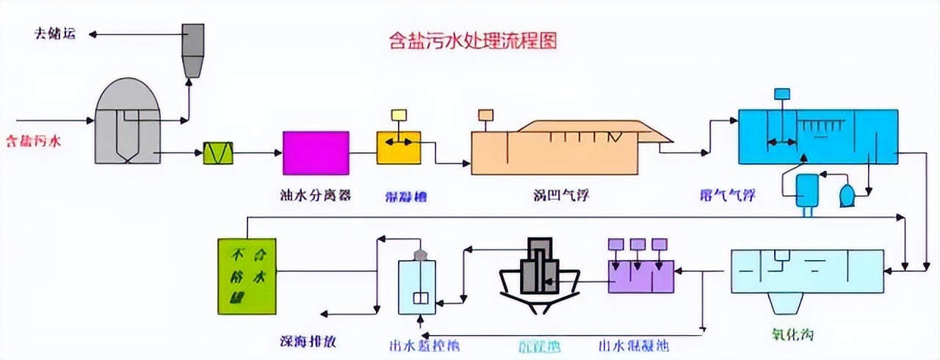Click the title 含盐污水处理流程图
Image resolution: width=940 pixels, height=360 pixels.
click(x=472, y=40)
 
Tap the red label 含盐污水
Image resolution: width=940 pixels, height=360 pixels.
click(x=33, y=139)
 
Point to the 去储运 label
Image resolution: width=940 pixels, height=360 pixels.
click(x=54, y=35)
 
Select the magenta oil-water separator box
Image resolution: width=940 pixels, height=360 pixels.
click(x=316, y=153)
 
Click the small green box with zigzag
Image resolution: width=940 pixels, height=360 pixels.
click(x=218, y=154)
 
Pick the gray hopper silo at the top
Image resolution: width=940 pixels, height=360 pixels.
click(x=193, y=48)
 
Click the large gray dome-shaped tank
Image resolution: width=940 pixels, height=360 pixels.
click(x=128, y=121)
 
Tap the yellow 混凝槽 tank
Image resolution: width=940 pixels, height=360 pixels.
click(x=399, y=147)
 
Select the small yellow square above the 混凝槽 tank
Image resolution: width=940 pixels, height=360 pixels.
click(x=399, y=115)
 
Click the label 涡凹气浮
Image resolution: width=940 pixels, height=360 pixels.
click(x=562, y=195)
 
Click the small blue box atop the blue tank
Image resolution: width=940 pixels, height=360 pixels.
click(x=782, y=93)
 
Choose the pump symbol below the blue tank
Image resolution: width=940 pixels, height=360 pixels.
click(x=847, y=192)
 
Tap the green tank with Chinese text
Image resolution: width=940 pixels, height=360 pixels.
click(x=247, y=276)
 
